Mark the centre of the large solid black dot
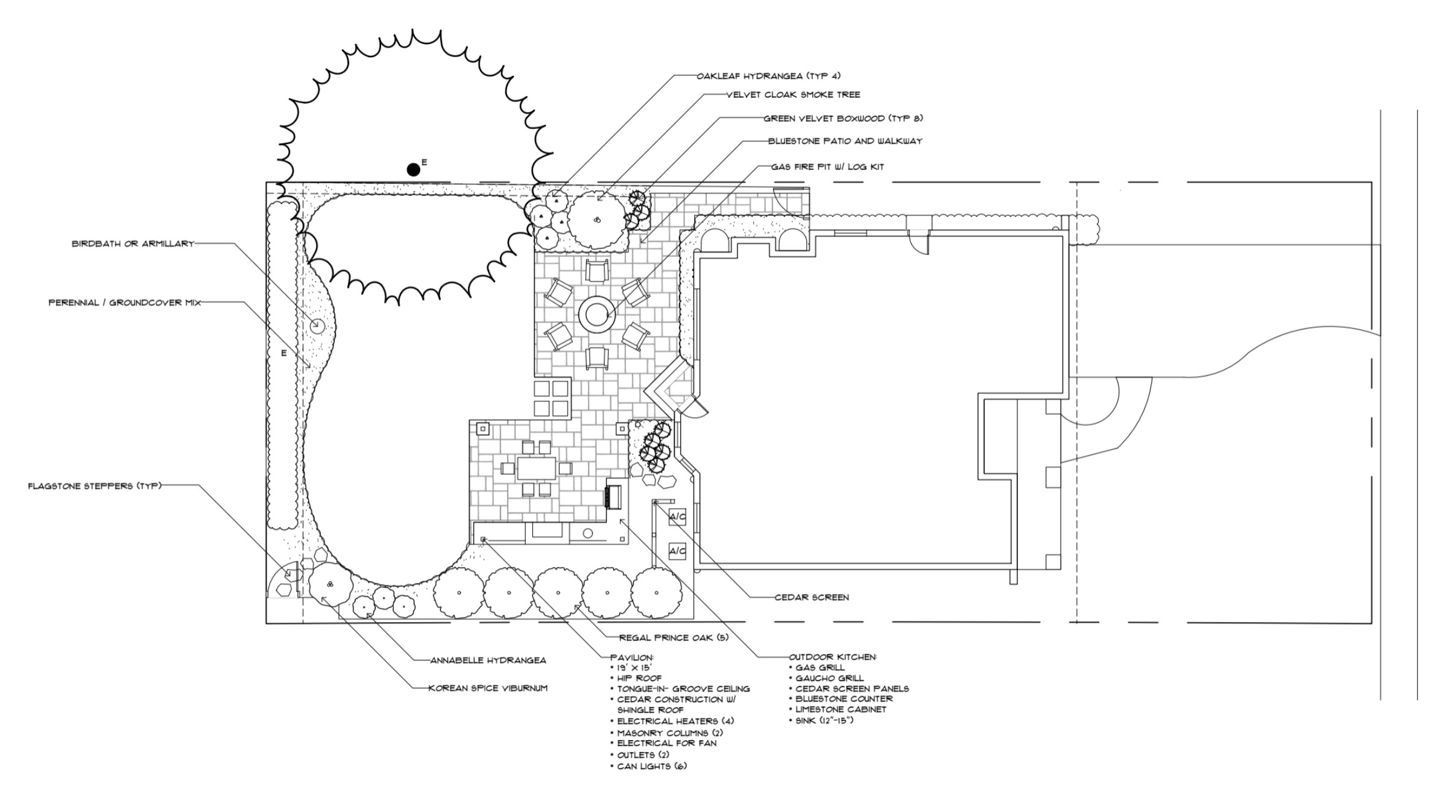click(x=413, y=170)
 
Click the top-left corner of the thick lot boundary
click(x=267, y=183)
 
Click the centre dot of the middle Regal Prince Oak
click(x=558, y=592)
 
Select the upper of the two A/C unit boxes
click(x=677, y=517)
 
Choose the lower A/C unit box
click(x=677, y=550)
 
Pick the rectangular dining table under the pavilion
click(x=536, y=468)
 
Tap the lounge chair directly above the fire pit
click(x=597, y=271)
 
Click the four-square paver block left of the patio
click(x=552, y=398)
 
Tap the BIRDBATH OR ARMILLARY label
click(x=133, y=244)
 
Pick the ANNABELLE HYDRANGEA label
click(x=488, y=660)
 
